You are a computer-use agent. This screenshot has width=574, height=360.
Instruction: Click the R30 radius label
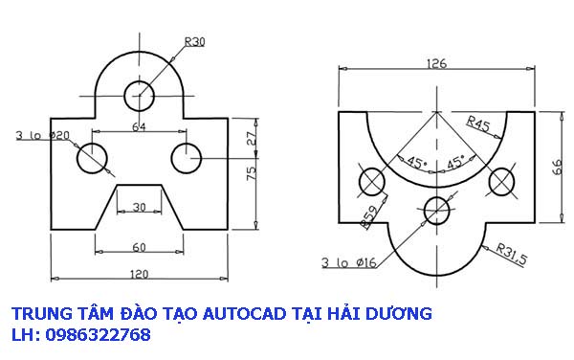194,41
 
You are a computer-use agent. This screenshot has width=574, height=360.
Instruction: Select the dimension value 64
139,125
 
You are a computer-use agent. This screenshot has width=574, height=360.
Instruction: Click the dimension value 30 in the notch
140,208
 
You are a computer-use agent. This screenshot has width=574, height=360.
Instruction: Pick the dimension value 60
140,247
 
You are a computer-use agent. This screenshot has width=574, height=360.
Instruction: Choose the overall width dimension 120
140,275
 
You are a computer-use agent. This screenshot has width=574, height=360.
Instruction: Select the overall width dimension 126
436,64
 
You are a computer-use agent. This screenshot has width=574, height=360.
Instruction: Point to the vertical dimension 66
558,167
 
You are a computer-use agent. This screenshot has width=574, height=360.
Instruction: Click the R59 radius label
369,218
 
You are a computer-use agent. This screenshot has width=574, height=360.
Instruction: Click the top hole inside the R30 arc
140,95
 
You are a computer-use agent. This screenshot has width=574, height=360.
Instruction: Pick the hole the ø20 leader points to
94,158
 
